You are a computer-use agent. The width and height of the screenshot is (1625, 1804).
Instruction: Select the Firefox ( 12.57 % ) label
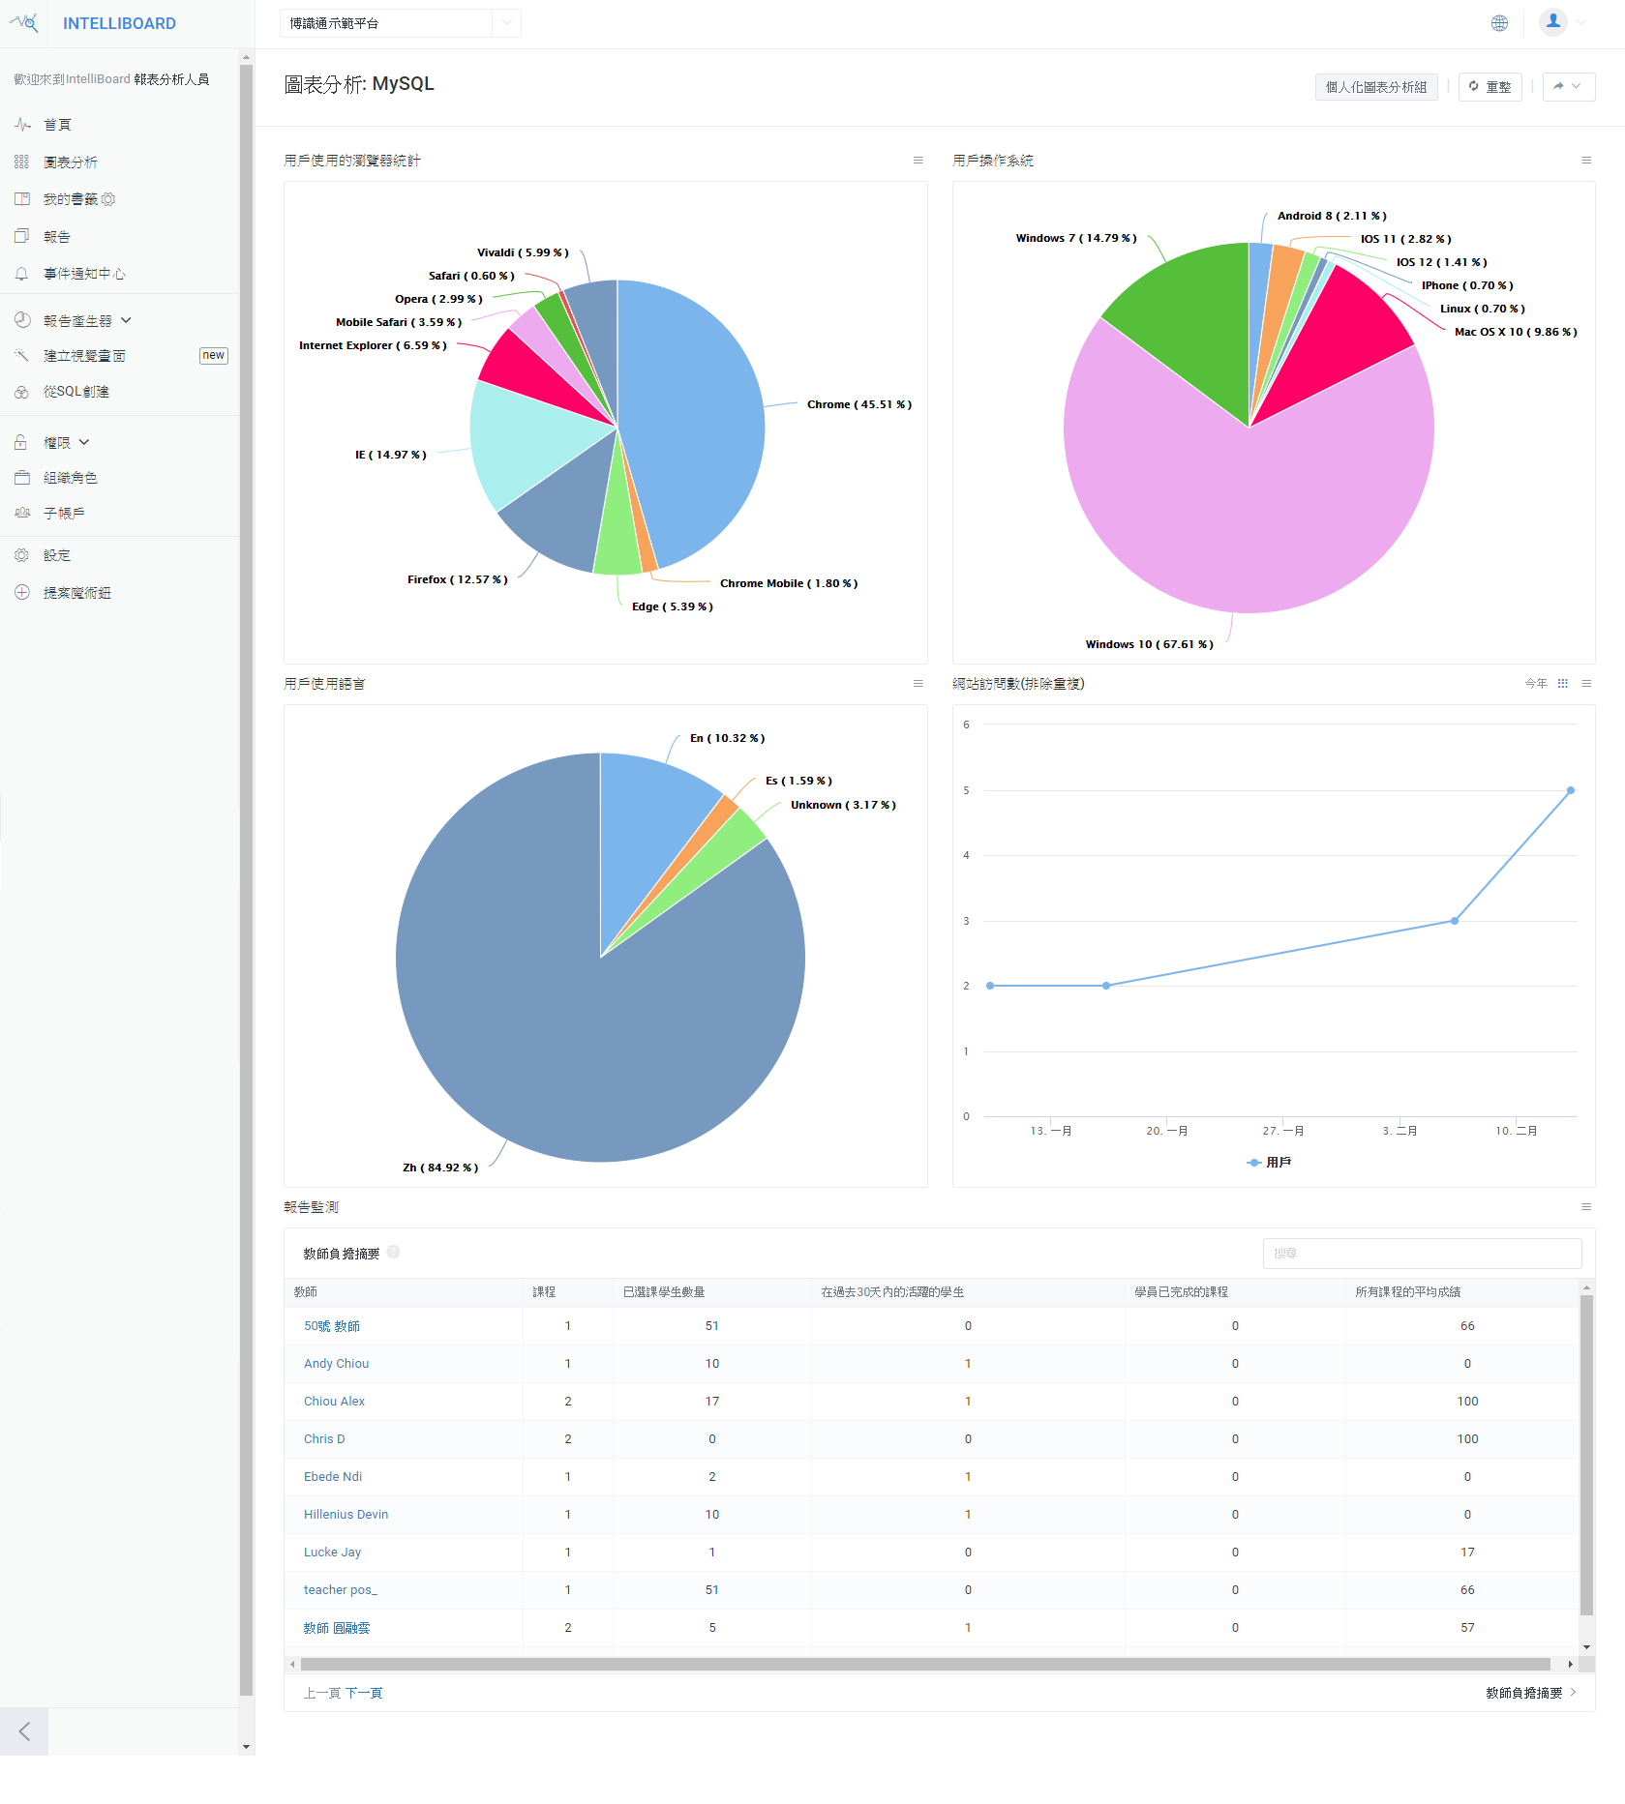[x=457, y=579]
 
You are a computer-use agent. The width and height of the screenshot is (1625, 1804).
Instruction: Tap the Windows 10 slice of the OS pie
[x=1249, y=513]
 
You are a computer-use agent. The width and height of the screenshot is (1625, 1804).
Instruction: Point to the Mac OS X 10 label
[x=1515, y=332]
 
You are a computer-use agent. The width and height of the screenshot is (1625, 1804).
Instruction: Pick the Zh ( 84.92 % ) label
[x=440, y=1168]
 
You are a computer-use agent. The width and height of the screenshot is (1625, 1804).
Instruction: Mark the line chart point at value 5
[x=1570, y=790]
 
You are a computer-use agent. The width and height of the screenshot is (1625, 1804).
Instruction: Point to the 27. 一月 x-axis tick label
[x=1282, y=1131]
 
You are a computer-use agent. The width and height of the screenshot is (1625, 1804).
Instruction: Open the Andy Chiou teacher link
[x=336, y=1364]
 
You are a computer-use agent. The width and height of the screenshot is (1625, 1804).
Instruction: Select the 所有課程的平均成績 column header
[x=1407, y=1292]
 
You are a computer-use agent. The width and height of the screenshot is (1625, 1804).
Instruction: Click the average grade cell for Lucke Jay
[x=1466, y=1553]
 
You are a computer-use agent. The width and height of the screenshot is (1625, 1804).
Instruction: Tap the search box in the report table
[x=1421, y=1254]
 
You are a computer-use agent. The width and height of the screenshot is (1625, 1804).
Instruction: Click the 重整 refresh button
[x=1490, y=87]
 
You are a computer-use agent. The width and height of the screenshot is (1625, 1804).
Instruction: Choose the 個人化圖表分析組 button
[x=1375, y=87]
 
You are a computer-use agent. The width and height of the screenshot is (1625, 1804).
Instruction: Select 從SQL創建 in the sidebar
[x=76, y=392]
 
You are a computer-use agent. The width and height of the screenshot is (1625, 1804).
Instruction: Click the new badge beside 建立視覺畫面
[x=213, y=356]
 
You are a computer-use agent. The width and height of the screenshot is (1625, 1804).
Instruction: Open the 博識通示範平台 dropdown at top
[x=400, y=23]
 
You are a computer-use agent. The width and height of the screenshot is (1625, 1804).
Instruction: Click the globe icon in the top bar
[x=1498, y=23]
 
